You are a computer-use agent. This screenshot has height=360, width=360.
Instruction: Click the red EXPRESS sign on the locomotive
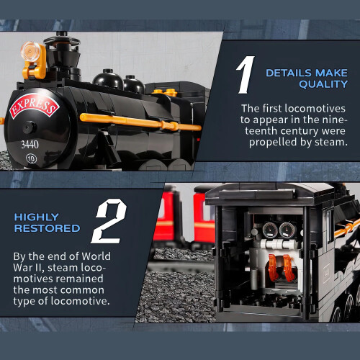coord(34,106)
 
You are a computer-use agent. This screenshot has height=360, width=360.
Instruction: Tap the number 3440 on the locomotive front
coord(30,145)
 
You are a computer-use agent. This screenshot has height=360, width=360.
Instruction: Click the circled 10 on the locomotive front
coord(31,158)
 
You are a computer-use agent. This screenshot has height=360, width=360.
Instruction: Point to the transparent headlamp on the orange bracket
coord(30,51)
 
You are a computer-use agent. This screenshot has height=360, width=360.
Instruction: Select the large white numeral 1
coord(246,75)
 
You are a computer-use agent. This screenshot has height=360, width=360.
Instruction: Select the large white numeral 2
coord(109,221)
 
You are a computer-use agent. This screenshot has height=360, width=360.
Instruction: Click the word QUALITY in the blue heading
coord(323,84)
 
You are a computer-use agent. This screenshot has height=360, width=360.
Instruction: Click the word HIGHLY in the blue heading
coord(37,217)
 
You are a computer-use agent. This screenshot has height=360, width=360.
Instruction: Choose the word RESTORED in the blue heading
coord(47,228)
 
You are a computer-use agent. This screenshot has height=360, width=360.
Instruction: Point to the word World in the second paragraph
coord(96,256)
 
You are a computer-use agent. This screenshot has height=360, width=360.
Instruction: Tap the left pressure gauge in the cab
coord(270,230)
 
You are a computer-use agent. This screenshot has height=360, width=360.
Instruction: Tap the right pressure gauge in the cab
coord(287,230)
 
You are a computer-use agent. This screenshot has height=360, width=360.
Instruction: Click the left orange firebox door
coord(273,267)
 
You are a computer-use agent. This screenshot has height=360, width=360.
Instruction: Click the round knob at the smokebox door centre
coord(30,127)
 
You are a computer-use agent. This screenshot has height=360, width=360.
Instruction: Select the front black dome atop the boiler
coord(108,79)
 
